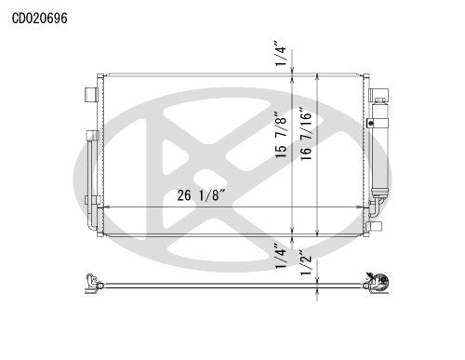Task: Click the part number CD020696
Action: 39,16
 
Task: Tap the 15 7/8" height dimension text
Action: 280,136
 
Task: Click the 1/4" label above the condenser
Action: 280,55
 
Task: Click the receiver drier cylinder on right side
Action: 379,149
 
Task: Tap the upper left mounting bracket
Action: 90,94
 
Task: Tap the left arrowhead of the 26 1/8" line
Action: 105,206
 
